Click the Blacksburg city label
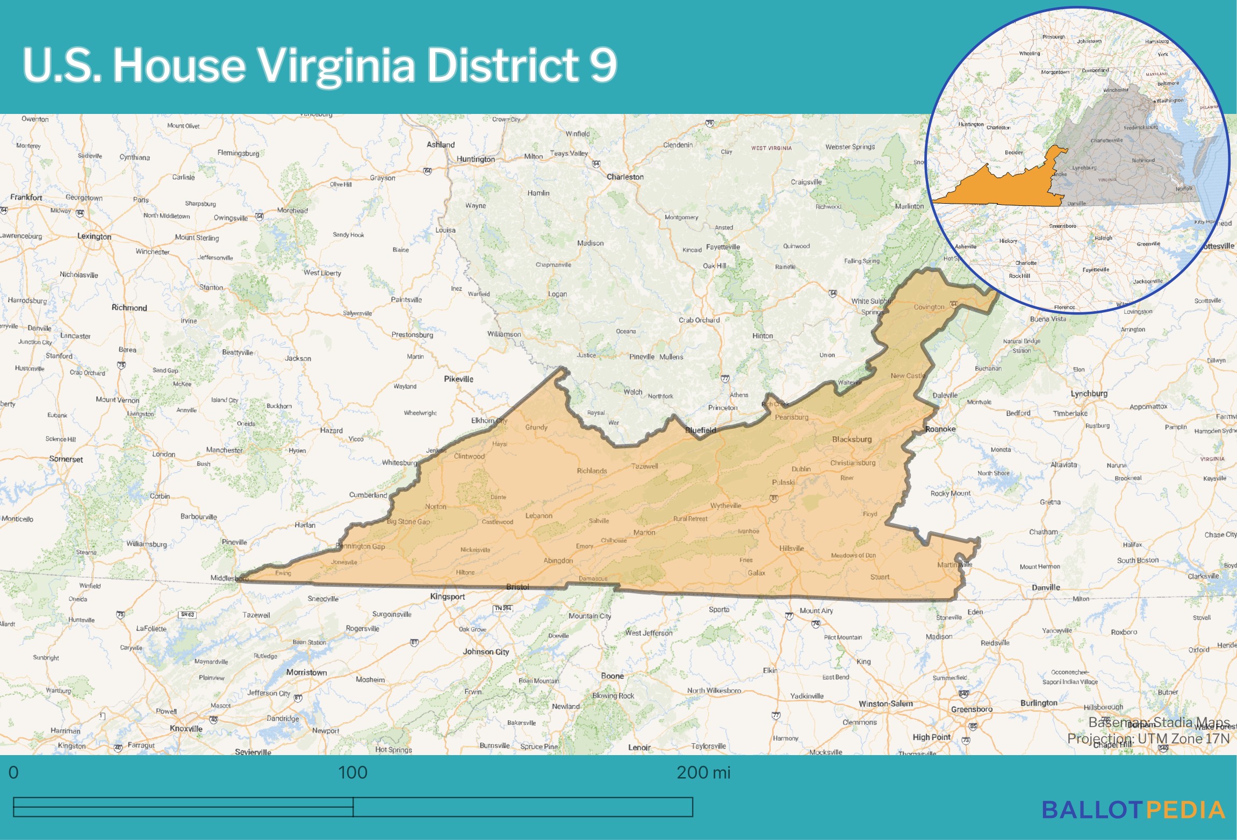[x=852, y=439]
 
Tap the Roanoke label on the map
[x=940, y=429]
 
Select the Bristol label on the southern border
[x=517, y=587]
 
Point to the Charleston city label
[x=625, y=177]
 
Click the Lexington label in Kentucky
[x=94, y=236]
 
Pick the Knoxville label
[x=186, y=729]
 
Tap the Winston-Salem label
[x=886, y=703]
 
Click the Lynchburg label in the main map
[x=1089, y=393]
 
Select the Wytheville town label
[x=725, y=506]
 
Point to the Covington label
[x=929, y=307]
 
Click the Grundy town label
[x=536, y=427]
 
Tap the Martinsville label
[x=954, y=564]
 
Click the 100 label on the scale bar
[x=353, y=773]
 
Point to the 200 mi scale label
[x=703, y=773]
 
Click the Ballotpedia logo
[x=1133, y=810]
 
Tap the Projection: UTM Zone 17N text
[x=1148, y=738]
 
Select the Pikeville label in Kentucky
[x=458, y=379]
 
